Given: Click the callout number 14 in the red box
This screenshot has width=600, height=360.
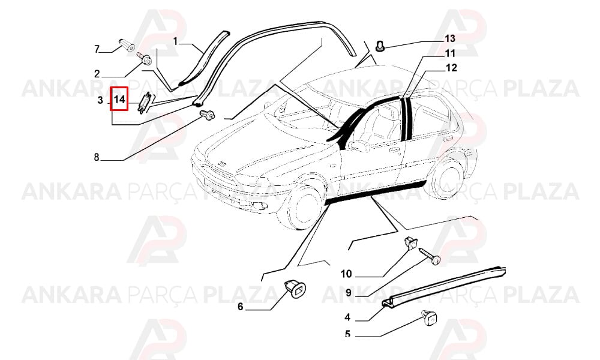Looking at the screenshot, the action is point(119,100).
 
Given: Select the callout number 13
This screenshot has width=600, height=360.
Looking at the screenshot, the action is point(450,38).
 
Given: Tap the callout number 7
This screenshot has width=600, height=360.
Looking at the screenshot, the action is point(97,49).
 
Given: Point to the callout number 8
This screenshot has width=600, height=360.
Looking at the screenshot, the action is point(97,157).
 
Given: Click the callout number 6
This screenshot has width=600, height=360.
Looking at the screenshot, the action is point(241,307).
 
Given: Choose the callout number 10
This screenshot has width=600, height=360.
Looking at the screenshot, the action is point(346,274).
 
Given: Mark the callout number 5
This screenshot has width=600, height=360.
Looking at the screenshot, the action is point(347,334).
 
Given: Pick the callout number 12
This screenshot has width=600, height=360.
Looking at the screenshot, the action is point(452,68).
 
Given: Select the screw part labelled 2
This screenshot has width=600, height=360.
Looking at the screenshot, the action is point(145,58).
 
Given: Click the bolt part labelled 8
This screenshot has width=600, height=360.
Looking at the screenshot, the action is point(207,115).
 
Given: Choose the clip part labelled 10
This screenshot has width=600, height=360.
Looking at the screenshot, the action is point(411,242).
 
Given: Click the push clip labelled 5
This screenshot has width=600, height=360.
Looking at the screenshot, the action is point(430,317).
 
